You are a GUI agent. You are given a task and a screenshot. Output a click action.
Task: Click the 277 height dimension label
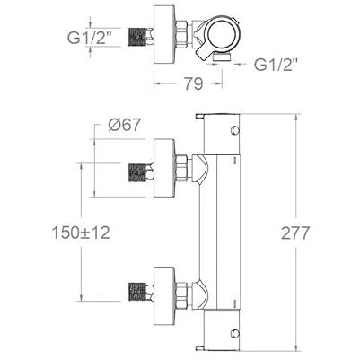(294, 233)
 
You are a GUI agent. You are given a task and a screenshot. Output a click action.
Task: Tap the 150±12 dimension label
(81, 233)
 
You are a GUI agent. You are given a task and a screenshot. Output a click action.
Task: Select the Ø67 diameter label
(124, 125)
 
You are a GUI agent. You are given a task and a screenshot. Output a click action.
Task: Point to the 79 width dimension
(193, 83)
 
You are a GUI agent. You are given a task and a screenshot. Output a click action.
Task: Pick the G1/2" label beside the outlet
(277, 64)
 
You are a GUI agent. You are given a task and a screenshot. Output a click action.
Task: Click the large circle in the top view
(223, 33)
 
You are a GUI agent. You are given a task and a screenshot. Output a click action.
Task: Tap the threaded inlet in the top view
(140, 37)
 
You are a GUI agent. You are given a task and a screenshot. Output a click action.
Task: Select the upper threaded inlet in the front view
(140, 172)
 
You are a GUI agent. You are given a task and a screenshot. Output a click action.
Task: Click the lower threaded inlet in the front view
(140, 292)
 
